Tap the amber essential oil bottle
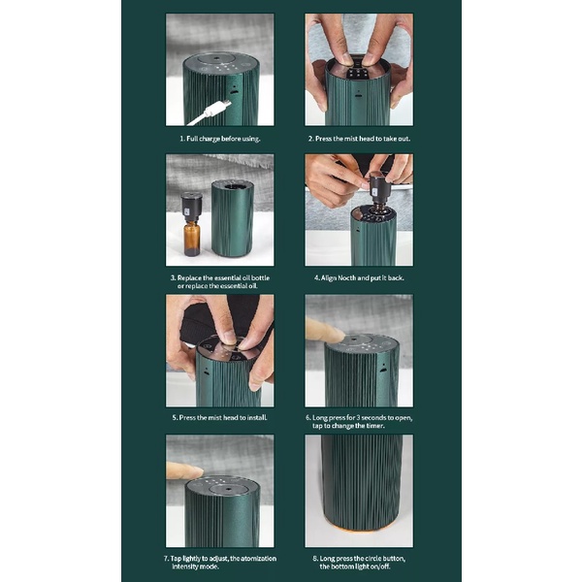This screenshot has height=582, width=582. point(191,238)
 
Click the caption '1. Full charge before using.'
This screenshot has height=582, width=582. point(220,139)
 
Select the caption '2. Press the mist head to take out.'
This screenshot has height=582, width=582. point(359,139)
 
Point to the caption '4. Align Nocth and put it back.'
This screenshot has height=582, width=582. point(359,277)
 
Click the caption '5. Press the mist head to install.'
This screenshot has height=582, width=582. point(220,417)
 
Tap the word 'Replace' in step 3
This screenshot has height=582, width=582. point(189,277)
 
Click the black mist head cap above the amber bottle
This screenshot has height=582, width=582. point(192,208)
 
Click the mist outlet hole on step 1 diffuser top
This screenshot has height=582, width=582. point(215,58)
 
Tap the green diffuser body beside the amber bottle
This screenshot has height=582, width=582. point(232,218)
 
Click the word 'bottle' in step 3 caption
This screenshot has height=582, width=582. point(260,277)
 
